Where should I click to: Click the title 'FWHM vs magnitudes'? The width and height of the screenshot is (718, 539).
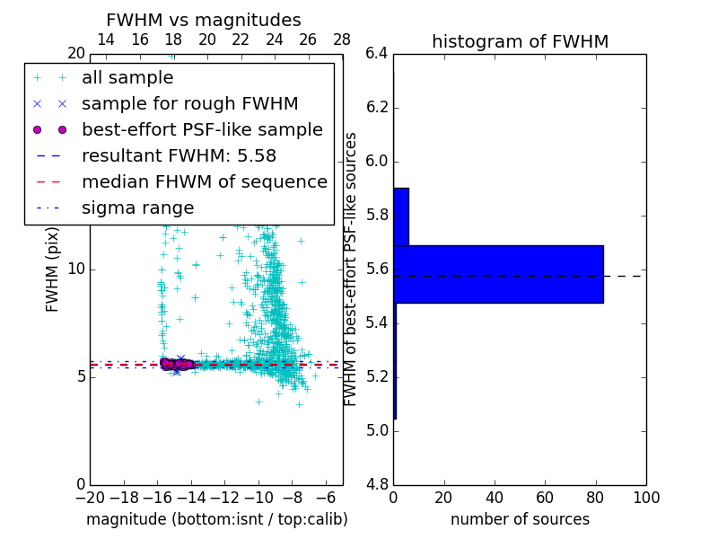tap(204, 20)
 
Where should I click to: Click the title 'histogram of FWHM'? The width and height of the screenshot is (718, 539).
tap(520, 41)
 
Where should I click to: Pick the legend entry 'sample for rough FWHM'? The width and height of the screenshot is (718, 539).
tap(189, 104)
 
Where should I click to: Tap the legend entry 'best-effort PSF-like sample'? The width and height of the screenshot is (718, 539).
tap(202, 130)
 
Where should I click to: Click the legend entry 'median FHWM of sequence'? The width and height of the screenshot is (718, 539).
tap(204, 182)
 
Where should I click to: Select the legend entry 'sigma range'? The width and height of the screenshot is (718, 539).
tap(137, 208)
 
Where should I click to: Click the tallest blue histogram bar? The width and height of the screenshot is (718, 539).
tap(498, 274)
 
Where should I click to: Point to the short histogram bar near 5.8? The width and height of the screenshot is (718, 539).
tap(401, 216)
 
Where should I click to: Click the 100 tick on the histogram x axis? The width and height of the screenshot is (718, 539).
tap(645, 497)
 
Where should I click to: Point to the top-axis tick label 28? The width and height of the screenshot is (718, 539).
tap(342, 40)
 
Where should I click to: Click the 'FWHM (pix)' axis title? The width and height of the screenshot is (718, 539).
tap(53, 269)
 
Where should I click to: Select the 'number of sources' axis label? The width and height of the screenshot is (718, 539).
tap(520, 519)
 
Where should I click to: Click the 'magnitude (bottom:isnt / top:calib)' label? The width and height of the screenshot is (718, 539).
tap(216, 519)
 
